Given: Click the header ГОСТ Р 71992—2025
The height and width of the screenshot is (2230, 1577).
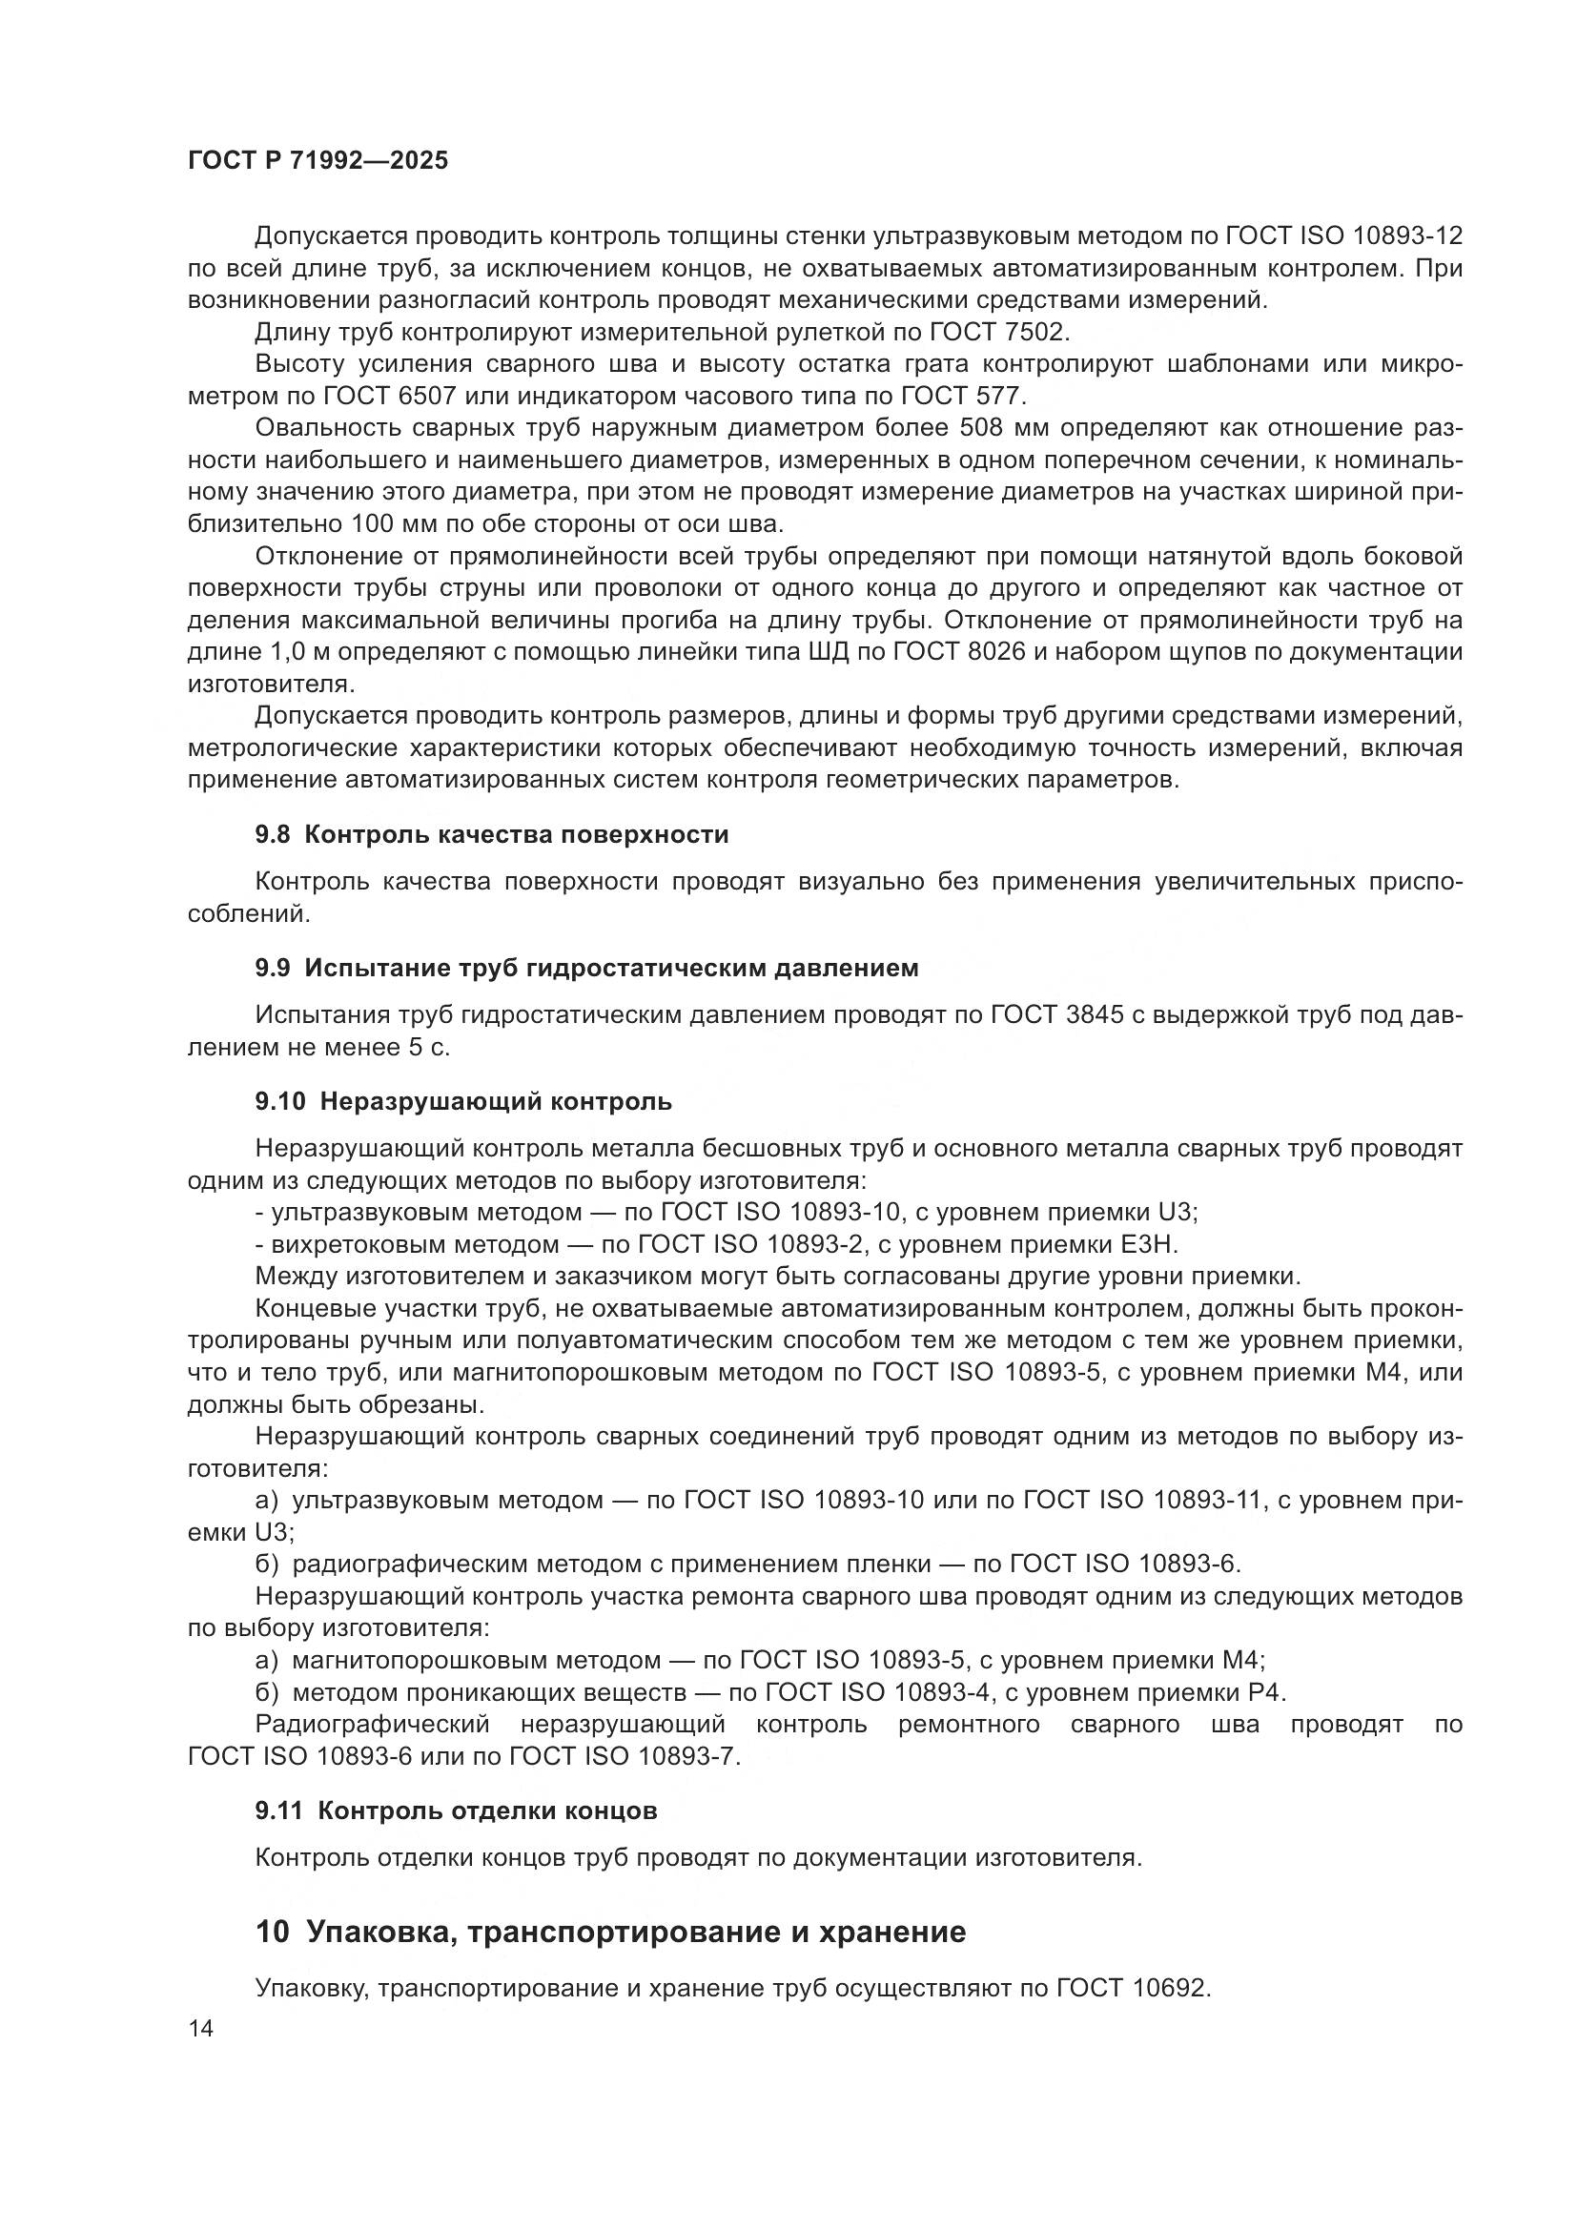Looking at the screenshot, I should point(317,161).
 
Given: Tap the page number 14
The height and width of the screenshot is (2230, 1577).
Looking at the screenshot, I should point(201,2028).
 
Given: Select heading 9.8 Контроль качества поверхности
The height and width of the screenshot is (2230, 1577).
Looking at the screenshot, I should point(491,834).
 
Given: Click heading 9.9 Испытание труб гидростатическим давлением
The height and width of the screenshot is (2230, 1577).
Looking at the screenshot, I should point(586,968).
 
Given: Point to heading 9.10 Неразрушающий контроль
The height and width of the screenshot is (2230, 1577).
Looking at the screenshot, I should point(463,1101).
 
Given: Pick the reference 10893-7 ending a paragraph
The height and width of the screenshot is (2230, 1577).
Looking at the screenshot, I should point(688,1757).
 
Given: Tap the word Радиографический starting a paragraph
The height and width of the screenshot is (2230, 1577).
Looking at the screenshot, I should point(371,1725).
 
